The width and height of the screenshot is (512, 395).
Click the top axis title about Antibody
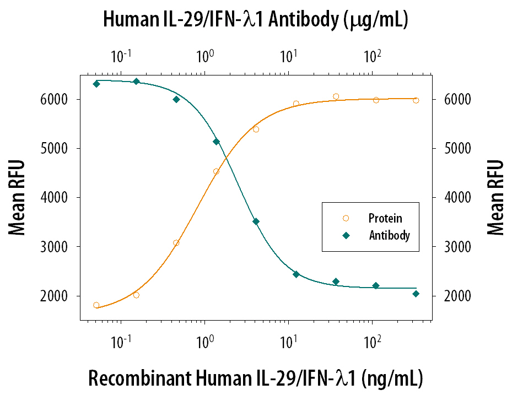tap(255, 20)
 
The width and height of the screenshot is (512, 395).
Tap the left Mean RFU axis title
tap(18, 198)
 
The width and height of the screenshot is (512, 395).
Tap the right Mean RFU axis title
tap(496, 198)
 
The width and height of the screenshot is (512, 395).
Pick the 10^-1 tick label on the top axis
tap(121, 57)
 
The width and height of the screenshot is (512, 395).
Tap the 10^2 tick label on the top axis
tap(373, 57)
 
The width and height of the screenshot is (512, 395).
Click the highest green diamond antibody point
tap(136, 82)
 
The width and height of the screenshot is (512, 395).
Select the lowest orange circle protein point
tap(96, 305)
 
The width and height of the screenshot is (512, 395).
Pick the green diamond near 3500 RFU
tap(256, 221)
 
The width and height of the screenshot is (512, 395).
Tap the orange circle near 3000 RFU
tap(176, 243)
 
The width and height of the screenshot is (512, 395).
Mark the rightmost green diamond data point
tap(416, 294)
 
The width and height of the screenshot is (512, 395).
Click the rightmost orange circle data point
tap(416, 100)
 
